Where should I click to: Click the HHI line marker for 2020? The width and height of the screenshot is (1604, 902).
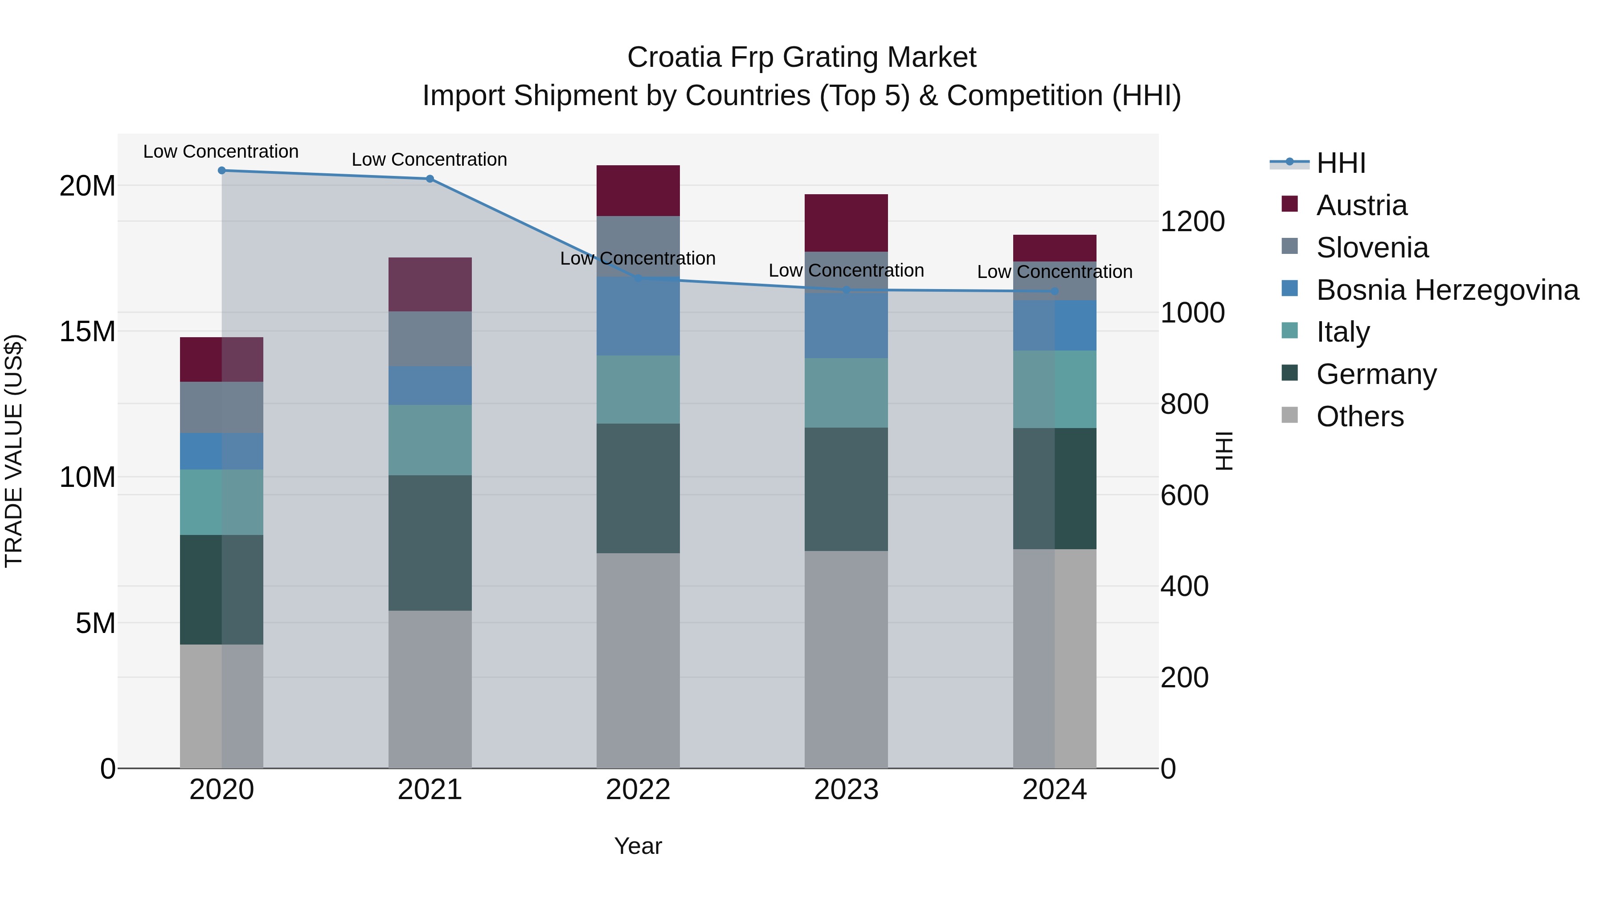pos(222,171)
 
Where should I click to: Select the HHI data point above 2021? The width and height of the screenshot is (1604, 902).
pos(430,179)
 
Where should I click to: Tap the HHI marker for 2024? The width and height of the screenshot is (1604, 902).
pos(1054,291)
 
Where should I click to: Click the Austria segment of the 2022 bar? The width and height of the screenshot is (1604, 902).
pos(638,191)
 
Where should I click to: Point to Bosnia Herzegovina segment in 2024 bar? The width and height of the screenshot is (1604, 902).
pos(1054,325)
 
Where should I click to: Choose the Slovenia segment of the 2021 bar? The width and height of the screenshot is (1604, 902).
pos(430,339)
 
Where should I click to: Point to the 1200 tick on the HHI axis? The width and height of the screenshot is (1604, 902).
pos(1192,222)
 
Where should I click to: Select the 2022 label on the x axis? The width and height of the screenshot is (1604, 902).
pos(638,790)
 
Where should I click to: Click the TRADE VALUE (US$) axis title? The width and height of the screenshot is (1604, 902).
pos(14,451)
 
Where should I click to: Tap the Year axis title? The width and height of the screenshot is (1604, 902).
pos(638,846)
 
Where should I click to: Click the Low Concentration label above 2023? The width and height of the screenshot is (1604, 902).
pos(846,271)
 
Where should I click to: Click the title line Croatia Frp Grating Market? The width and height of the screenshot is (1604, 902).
pos(802,57)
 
